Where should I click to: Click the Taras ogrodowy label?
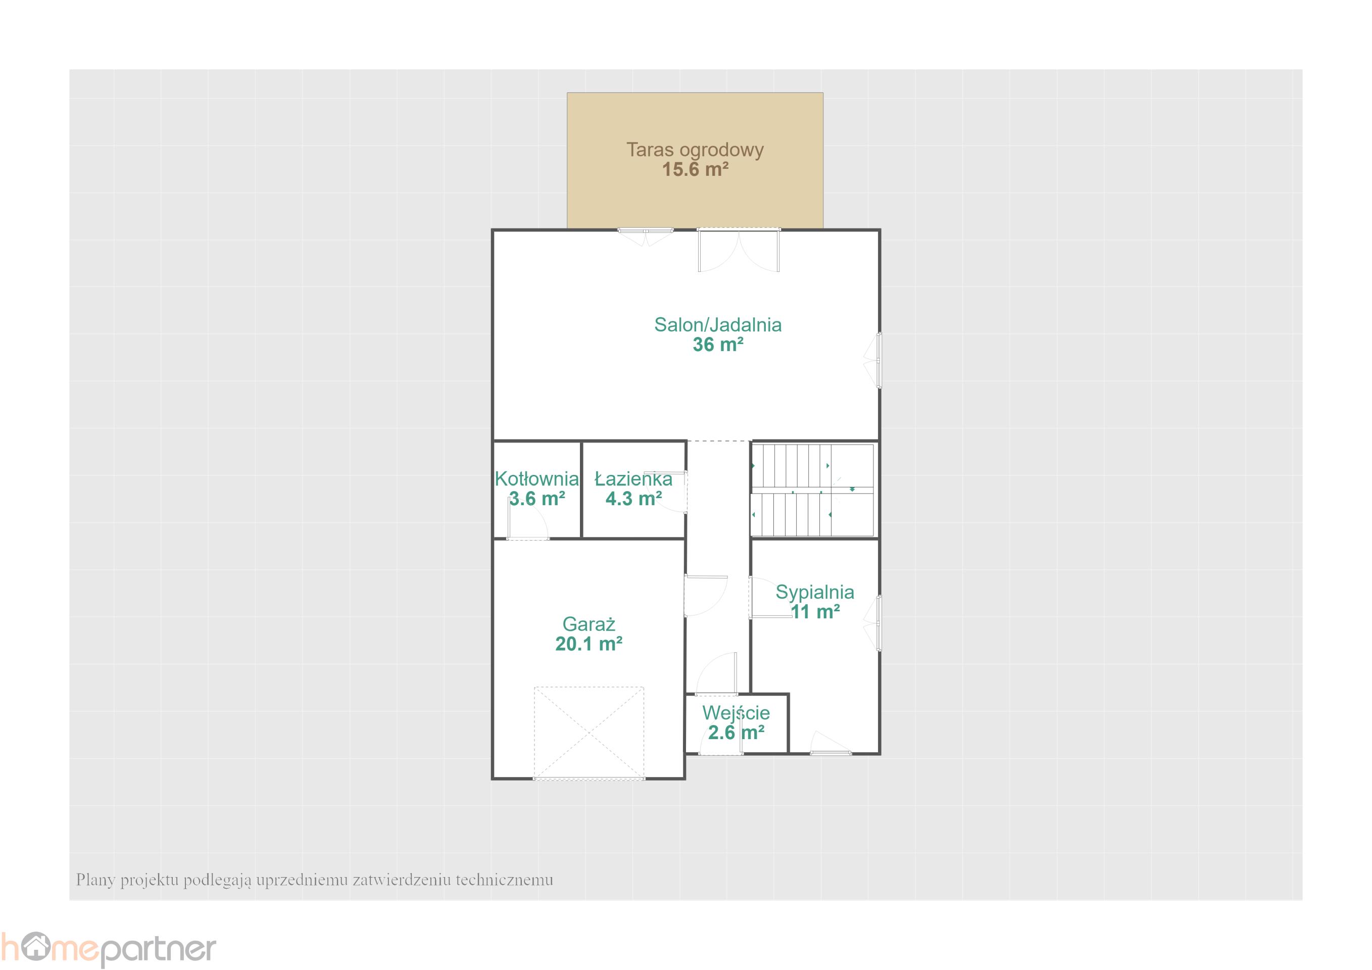point(695,150)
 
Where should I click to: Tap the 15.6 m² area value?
point(695,170)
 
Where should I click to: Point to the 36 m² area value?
point(718,344)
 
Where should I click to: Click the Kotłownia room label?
point(536,479)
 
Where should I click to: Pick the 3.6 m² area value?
point(536,499)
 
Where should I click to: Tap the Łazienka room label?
point(633,479)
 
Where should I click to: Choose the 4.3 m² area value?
point(633,499)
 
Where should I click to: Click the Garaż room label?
point(589,624)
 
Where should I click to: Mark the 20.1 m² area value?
point(589,644)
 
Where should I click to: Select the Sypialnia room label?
point(814,592)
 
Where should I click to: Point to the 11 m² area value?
point(815,612)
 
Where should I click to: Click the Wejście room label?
point(736,712)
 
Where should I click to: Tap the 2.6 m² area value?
point(736,733)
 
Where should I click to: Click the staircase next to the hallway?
point(813,490)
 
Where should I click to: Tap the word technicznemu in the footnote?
point(504,880)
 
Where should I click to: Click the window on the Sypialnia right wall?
point(878,623)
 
